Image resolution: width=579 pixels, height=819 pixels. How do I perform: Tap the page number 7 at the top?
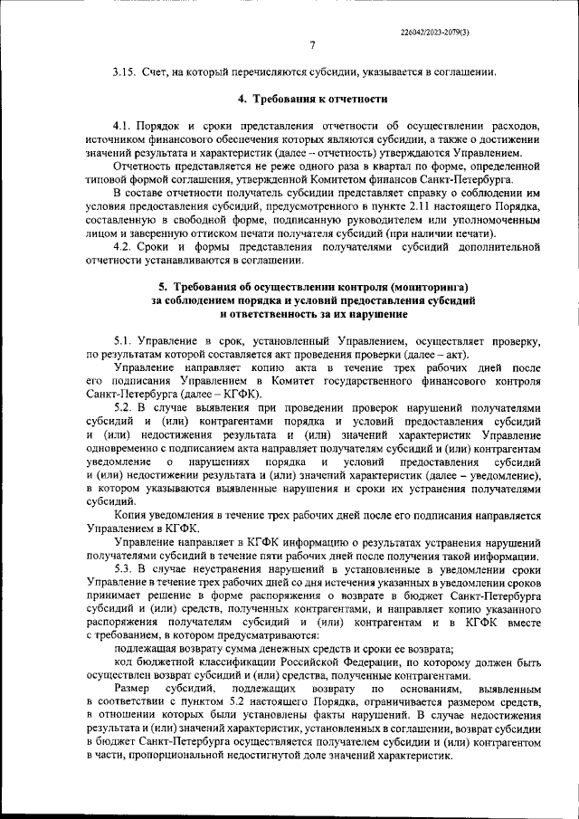[x=311, y=45]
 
